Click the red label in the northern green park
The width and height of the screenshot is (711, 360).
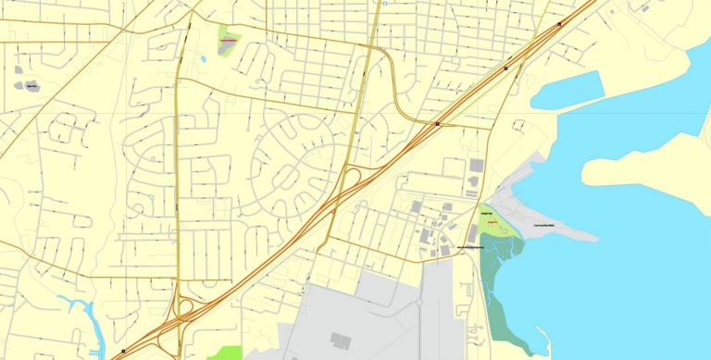tap(228, 42)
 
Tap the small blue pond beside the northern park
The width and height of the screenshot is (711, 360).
tap(203, 60)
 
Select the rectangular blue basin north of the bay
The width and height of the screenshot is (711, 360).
tap(567, 90)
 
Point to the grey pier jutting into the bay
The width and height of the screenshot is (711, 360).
tap(555, 223)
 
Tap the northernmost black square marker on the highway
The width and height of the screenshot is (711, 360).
tap(559, 24)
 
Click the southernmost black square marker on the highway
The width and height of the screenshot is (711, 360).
tap(123, 352)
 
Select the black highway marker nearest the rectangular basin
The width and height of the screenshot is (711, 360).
tap(505, 68)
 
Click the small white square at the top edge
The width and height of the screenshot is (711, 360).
tap(383, 4)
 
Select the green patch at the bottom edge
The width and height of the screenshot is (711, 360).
tap(224, 353)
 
